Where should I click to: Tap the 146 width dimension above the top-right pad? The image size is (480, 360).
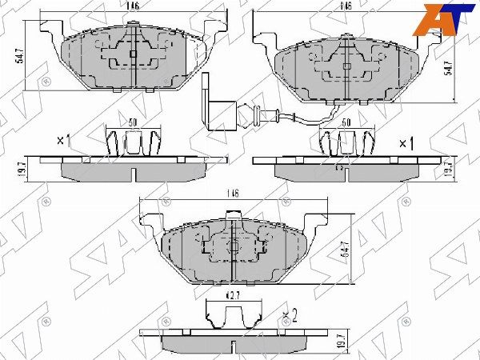click(346, 6)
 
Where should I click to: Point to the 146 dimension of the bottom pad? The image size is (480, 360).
click(232, 193)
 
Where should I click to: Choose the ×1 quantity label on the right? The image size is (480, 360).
click(406, 143)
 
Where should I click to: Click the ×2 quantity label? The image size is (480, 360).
click(291, 313)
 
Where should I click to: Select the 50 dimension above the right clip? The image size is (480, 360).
click(346, 122)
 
